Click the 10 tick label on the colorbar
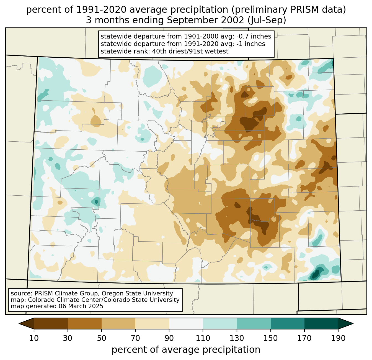click(34, 338)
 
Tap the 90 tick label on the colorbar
click(169, 338)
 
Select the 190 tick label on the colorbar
click(338, 338)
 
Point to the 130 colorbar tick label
click(237, 338)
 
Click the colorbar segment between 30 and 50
click(85, 323)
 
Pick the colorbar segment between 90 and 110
click(186, 323)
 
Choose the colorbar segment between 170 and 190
click(321, 323)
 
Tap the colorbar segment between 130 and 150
click(254, 323)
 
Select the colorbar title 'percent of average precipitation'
click(186, 350)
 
